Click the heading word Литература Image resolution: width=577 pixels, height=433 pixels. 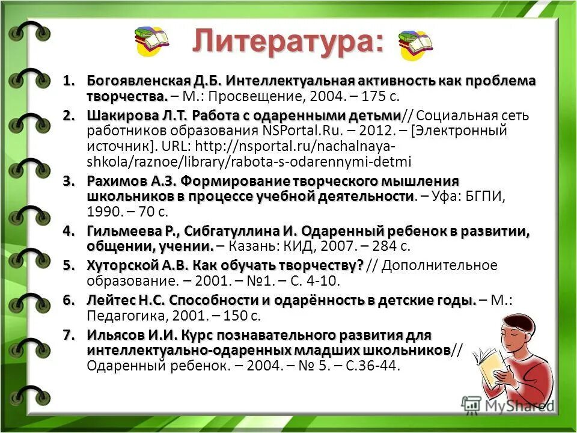[287, 42]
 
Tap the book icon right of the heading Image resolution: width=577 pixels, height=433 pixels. [415, 45]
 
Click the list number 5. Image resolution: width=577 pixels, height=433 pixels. [69, 265]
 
